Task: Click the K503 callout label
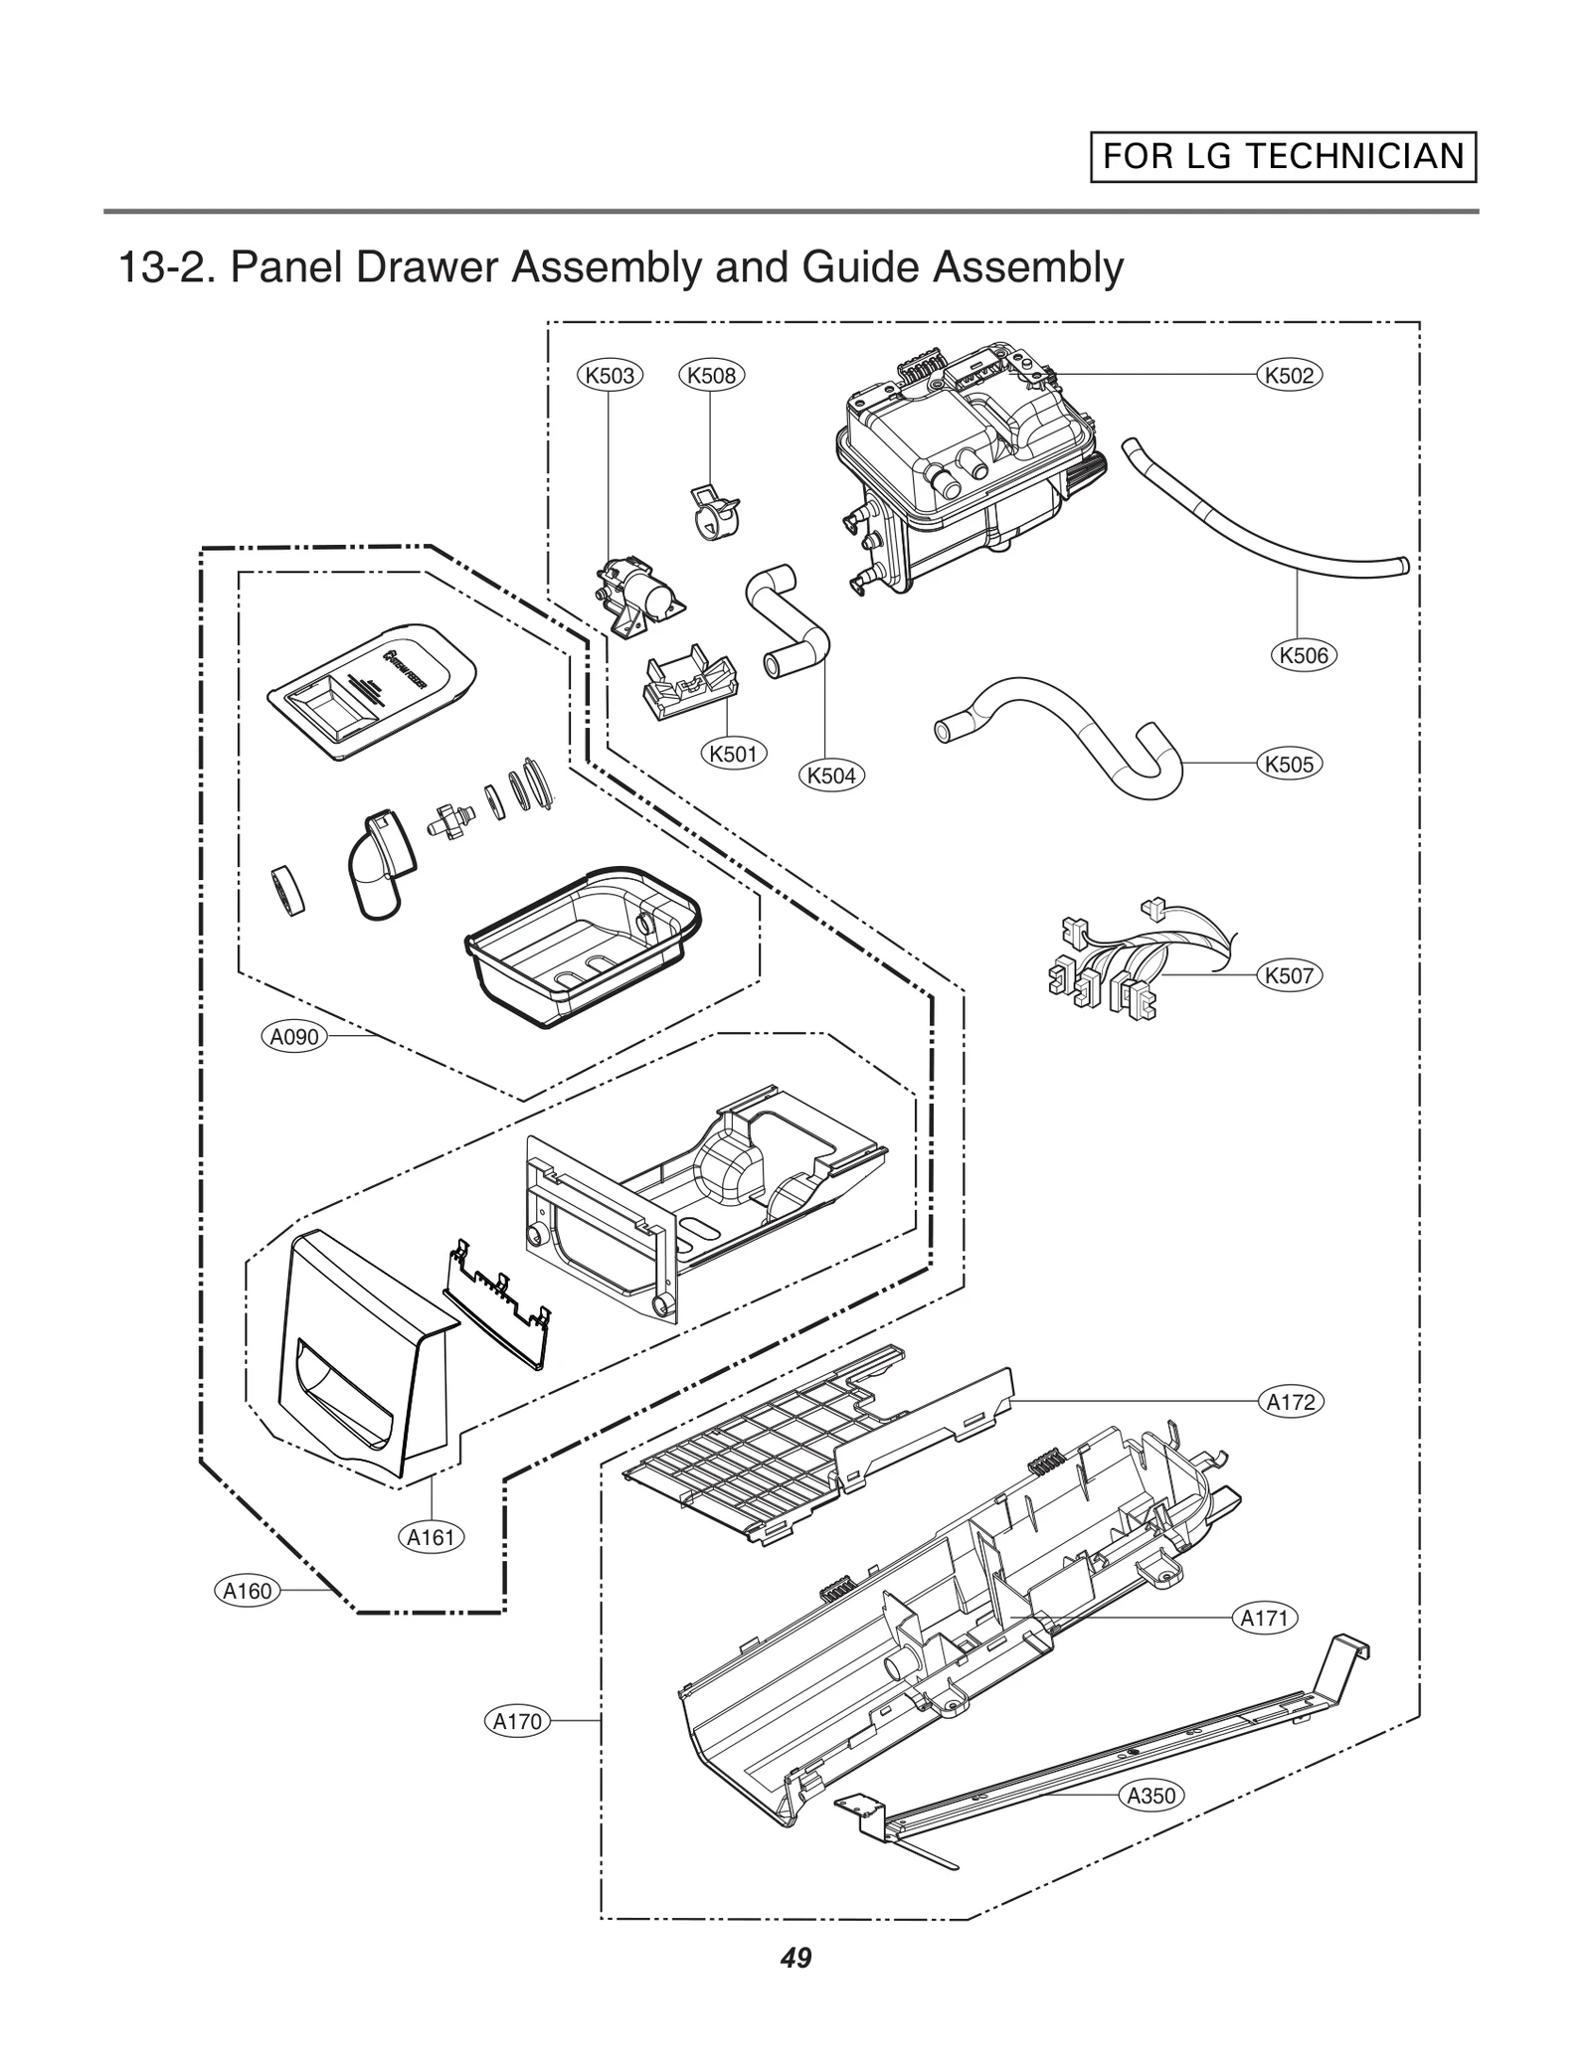(610, 375)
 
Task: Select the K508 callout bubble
(712, 375)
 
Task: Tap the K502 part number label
(1290, 375)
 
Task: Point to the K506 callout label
(1304, 655)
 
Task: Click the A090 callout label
(295, 1037)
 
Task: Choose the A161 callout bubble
(432, 1537)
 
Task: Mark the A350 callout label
(1150, 1796)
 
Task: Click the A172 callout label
(1292, 1402)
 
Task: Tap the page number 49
(795, 1959)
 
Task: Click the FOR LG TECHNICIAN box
(1283, 157)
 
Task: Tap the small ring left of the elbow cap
(287, 890)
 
